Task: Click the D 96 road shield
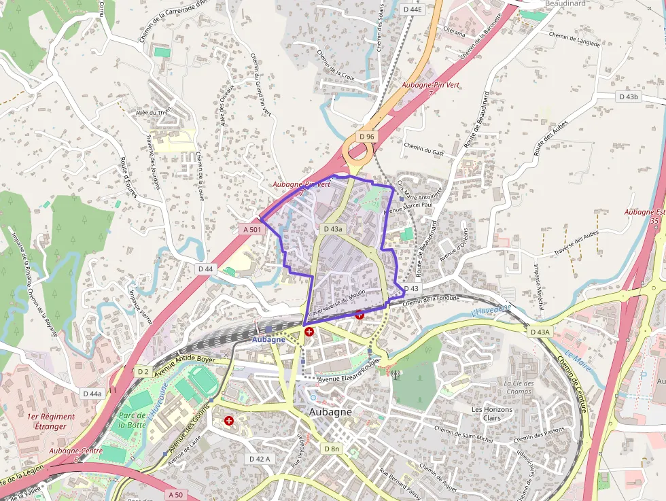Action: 367,137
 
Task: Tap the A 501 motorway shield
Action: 252,230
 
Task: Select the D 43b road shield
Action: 629,97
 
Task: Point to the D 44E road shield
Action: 411,10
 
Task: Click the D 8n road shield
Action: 332,449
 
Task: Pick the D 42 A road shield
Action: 259,459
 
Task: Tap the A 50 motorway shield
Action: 176,494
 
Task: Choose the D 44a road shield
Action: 92,394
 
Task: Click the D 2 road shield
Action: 143,372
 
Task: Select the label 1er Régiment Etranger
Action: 47,421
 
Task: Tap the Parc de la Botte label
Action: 132,420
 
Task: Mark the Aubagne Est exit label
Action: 644,215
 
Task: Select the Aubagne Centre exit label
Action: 75,451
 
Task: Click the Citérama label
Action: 454,32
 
